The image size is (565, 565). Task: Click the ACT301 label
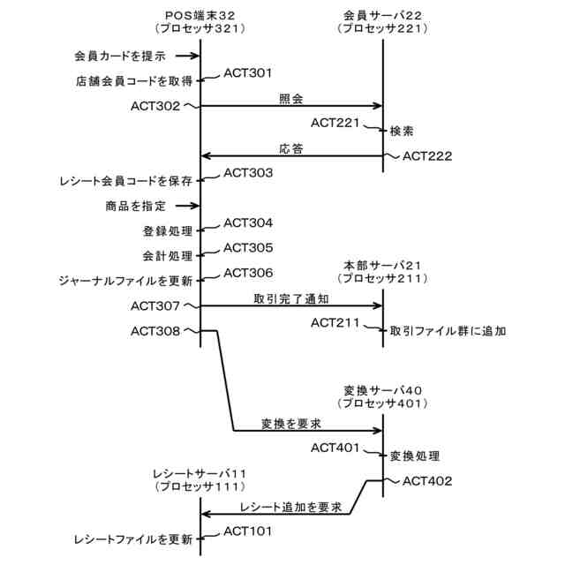click(248, 73)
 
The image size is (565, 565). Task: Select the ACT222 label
click(427, 156)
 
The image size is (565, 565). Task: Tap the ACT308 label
click(155, 331)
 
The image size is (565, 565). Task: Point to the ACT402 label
click(427, 481)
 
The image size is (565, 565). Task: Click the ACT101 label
click(248, 531)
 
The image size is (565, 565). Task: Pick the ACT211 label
click(335, 323)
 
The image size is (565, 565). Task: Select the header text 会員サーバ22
click(382, 16)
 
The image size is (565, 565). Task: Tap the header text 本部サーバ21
click(383, 266)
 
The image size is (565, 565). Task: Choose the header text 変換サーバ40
click(383, 390)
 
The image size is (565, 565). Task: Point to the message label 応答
click(291, 149)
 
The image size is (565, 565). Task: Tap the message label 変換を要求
click(290, 424)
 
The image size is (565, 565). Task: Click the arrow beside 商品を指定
click(185, 207)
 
